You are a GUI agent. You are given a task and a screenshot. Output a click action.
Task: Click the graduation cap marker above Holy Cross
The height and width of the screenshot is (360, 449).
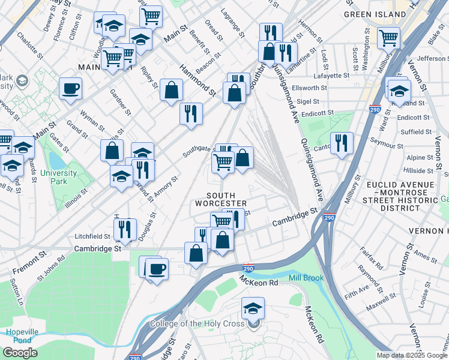coord(253,309)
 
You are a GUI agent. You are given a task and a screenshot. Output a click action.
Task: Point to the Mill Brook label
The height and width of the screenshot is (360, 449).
coord(306,278)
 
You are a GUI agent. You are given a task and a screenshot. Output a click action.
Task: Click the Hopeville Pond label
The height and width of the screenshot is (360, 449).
coord(19,336)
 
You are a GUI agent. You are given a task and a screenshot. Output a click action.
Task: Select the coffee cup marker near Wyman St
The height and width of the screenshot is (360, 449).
coord(70,89)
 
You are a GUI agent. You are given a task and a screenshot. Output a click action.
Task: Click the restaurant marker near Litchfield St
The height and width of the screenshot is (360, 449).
coord(125,229)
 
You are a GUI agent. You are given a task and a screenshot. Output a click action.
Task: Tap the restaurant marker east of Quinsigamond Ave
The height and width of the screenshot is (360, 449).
coord(341,143)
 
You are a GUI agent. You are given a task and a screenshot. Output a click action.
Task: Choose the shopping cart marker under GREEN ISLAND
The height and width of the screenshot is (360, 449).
coord(388,38)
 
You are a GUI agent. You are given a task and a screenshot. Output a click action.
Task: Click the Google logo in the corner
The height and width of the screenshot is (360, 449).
coord(20,353)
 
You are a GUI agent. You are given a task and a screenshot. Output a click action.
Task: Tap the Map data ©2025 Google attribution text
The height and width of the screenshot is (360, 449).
coord(411,355)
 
